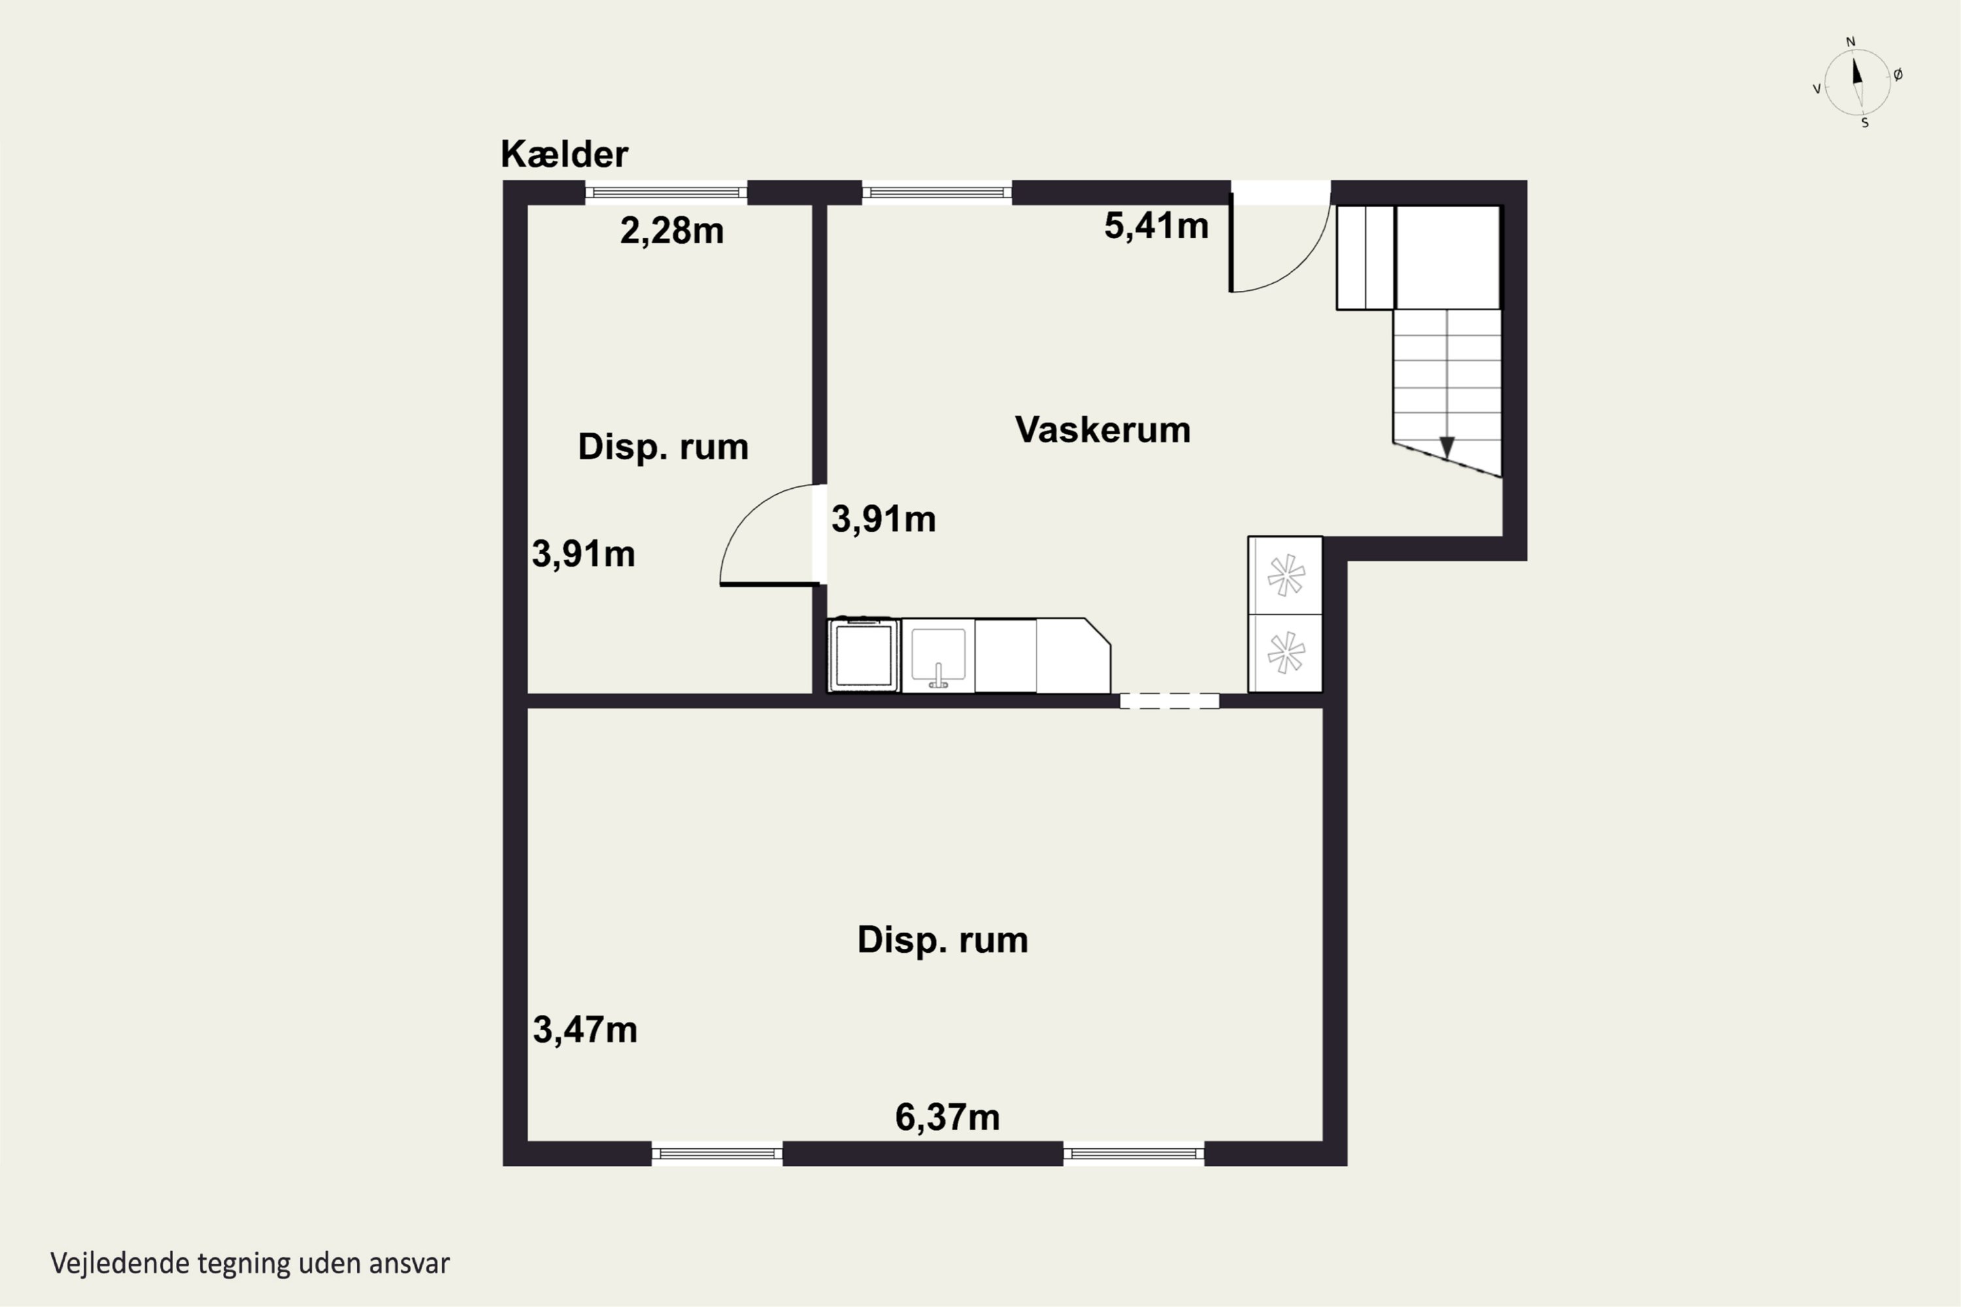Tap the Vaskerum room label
1101,430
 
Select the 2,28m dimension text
671,231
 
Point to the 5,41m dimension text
1156,226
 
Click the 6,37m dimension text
947,1117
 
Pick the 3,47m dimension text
584,1031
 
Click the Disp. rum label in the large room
942,940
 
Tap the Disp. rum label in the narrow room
663,447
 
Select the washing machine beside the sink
863,655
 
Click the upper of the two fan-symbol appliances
1285,575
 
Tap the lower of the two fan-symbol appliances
1285,653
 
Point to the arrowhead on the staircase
1447,448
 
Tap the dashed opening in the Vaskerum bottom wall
1169,701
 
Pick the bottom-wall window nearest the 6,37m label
1133,1153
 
